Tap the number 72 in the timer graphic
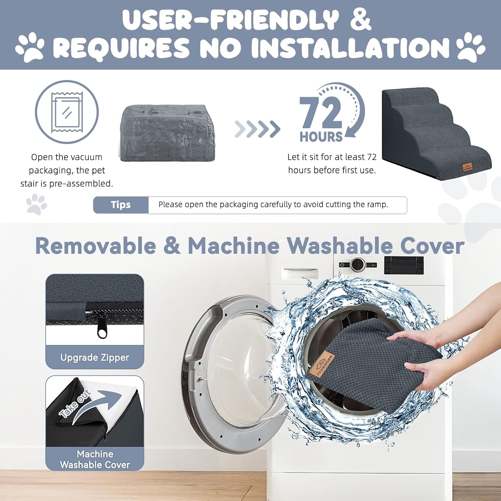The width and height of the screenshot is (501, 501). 321,114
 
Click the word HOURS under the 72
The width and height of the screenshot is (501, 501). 321,137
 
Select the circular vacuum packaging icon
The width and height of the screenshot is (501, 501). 67,112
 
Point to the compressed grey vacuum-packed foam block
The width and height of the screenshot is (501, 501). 168,132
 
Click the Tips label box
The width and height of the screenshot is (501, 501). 121,205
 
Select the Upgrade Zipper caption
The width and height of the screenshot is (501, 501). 95,358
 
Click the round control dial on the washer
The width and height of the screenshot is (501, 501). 358,265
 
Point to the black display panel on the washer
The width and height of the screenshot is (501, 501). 404,265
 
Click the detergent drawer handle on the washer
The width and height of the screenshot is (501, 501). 300,274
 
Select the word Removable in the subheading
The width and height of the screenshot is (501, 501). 96,246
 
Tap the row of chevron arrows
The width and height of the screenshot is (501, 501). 257,129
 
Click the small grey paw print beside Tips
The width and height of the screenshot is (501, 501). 37,204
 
